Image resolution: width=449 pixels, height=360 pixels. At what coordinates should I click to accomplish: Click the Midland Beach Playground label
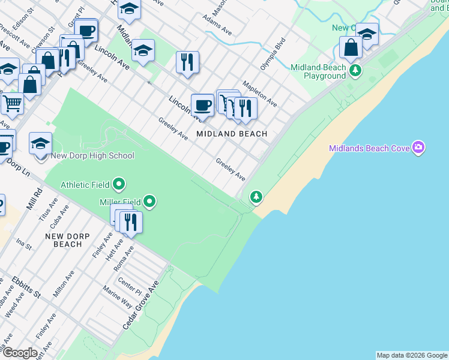point(318,72)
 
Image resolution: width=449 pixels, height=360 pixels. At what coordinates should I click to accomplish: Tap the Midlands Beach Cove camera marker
point(419,148)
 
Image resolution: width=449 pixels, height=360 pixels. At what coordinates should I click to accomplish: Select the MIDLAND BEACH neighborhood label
point(232,134)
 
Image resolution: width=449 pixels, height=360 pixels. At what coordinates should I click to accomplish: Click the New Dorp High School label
point(92,156)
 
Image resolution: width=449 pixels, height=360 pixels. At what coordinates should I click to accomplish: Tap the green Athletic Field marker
point(119,184)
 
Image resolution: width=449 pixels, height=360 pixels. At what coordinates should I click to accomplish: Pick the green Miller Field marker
point(150,201)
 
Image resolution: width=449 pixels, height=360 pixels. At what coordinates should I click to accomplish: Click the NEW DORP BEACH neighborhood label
point(64,240)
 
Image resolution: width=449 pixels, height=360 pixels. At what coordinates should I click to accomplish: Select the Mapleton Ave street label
point(259,94)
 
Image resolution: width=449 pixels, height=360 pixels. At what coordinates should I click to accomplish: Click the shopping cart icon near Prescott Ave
point(12,104)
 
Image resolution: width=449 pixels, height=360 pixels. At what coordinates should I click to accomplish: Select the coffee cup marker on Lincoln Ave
point(203,106)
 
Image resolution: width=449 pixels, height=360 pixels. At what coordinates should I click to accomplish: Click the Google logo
point(20,353)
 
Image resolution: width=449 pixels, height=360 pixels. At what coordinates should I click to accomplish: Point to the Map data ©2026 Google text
point(411,355)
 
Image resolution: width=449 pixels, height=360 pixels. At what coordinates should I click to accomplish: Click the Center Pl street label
point(130,281)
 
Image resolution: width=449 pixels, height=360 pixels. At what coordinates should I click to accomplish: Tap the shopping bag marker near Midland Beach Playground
point(351,47)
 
